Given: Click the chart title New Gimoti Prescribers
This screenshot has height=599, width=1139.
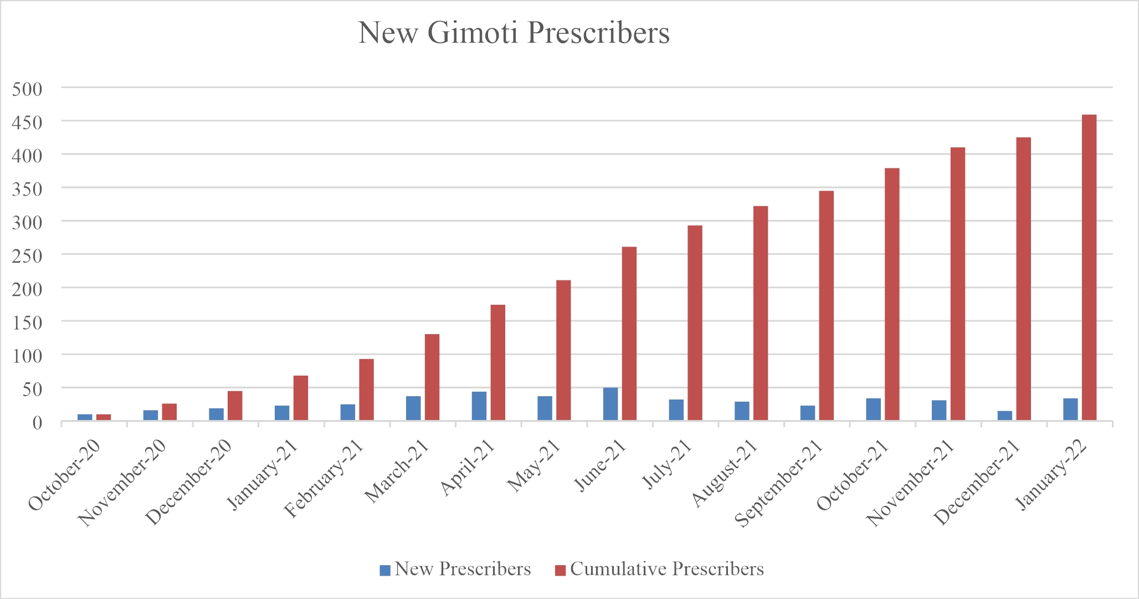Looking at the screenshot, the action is click(x=514, y=33).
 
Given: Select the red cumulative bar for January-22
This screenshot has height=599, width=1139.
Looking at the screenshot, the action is click(x=1089, y=268).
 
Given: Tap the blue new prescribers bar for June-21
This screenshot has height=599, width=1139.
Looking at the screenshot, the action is click(x=610, y=404).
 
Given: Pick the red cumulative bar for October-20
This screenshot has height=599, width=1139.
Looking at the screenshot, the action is click(x=104, y=417).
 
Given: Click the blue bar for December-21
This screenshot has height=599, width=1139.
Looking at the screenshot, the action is click(x=1005, y=416).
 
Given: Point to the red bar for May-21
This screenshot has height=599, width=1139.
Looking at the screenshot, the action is click(x=563, y=350).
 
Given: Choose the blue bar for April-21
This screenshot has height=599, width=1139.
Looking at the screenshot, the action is click(x=479, y=406).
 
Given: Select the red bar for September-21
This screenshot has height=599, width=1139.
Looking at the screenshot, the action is click(x=827, y=306).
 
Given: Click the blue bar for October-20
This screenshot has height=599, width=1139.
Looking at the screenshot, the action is click(x=85, y=417).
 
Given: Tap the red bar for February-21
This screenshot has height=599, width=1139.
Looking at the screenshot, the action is click(x=366, y=390).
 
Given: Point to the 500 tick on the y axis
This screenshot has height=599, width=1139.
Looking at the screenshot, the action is click(x=27, y=89).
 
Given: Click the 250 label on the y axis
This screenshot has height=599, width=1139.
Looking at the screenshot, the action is click(x=27, y=255).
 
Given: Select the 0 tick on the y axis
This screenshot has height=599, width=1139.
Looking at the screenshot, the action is click(x=37, y=423).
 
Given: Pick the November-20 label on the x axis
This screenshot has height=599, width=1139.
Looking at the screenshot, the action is click(x=122, y=483).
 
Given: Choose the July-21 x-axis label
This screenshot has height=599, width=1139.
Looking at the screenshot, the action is click(x=668, y=464).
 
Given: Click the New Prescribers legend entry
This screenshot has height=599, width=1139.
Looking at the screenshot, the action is click(x=455, y=570).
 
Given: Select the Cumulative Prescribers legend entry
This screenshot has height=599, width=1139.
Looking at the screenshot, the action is click(x=660, y=570).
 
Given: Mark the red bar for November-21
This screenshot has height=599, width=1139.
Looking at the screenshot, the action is click(x=958, y=284).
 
